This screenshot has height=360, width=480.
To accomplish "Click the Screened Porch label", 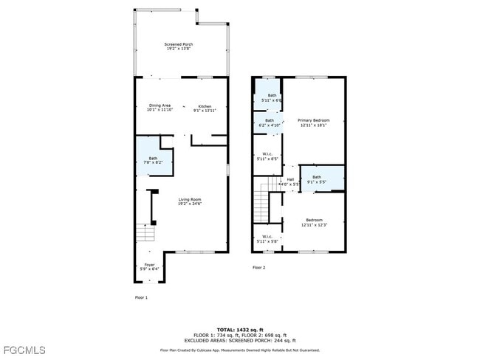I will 178,46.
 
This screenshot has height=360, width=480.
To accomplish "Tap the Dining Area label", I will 160,108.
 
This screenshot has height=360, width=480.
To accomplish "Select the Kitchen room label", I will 204,108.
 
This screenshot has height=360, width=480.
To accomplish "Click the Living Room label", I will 189,201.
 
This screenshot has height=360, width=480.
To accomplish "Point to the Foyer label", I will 149,267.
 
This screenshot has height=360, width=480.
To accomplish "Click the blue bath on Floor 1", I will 153,159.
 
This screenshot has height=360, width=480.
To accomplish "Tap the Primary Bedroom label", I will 313,122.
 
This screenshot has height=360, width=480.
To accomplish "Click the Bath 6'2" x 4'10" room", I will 270,122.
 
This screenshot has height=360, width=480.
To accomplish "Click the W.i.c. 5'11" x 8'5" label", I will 267,156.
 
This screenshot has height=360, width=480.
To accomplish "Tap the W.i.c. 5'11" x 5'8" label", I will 267,239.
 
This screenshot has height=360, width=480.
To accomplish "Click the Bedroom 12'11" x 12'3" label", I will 314,222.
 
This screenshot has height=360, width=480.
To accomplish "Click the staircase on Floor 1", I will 145,235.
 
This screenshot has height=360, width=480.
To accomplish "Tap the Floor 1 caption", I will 141,297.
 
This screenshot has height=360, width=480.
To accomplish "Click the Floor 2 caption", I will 258,267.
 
